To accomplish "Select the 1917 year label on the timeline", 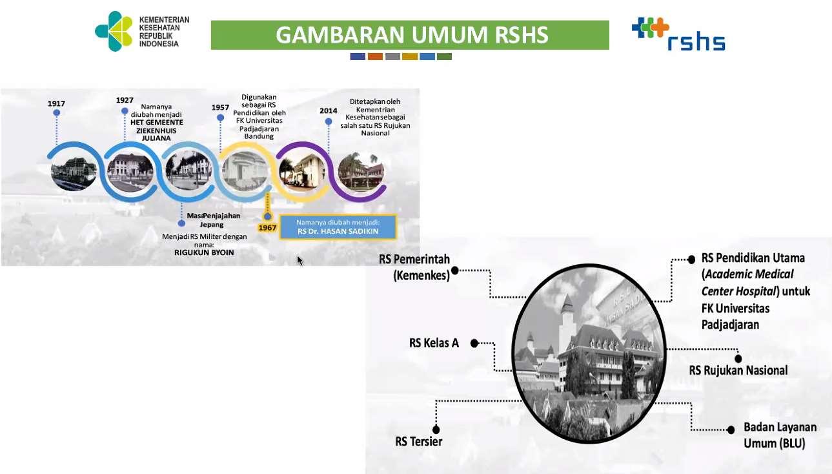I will click(x=56, y=103).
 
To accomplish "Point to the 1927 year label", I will click(x=125, y=100).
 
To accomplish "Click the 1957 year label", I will click(x=221, y=107).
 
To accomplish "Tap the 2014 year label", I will click(x=329, y=110).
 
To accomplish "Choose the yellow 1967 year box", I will click(x=267, y=228).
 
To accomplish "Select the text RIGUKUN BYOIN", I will click(x=204, y=252).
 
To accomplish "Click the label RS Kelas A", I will click(x=434, y=343).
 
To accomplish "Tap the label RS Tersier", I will click(x=418, y=442).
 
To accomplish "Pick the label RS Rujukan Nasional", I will click(x=738, y=371).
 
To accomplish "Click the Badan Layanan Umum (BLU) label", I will click(x=780, y=435).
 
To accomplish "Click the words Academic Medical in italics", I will click(x=747, y=274).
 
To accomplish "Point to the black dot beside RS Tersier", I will click(x=436, y=429).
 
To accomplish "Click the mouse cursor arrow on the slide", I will click(x=299, y=260).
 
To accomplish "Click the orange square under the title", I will click(x=375, y=57).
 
